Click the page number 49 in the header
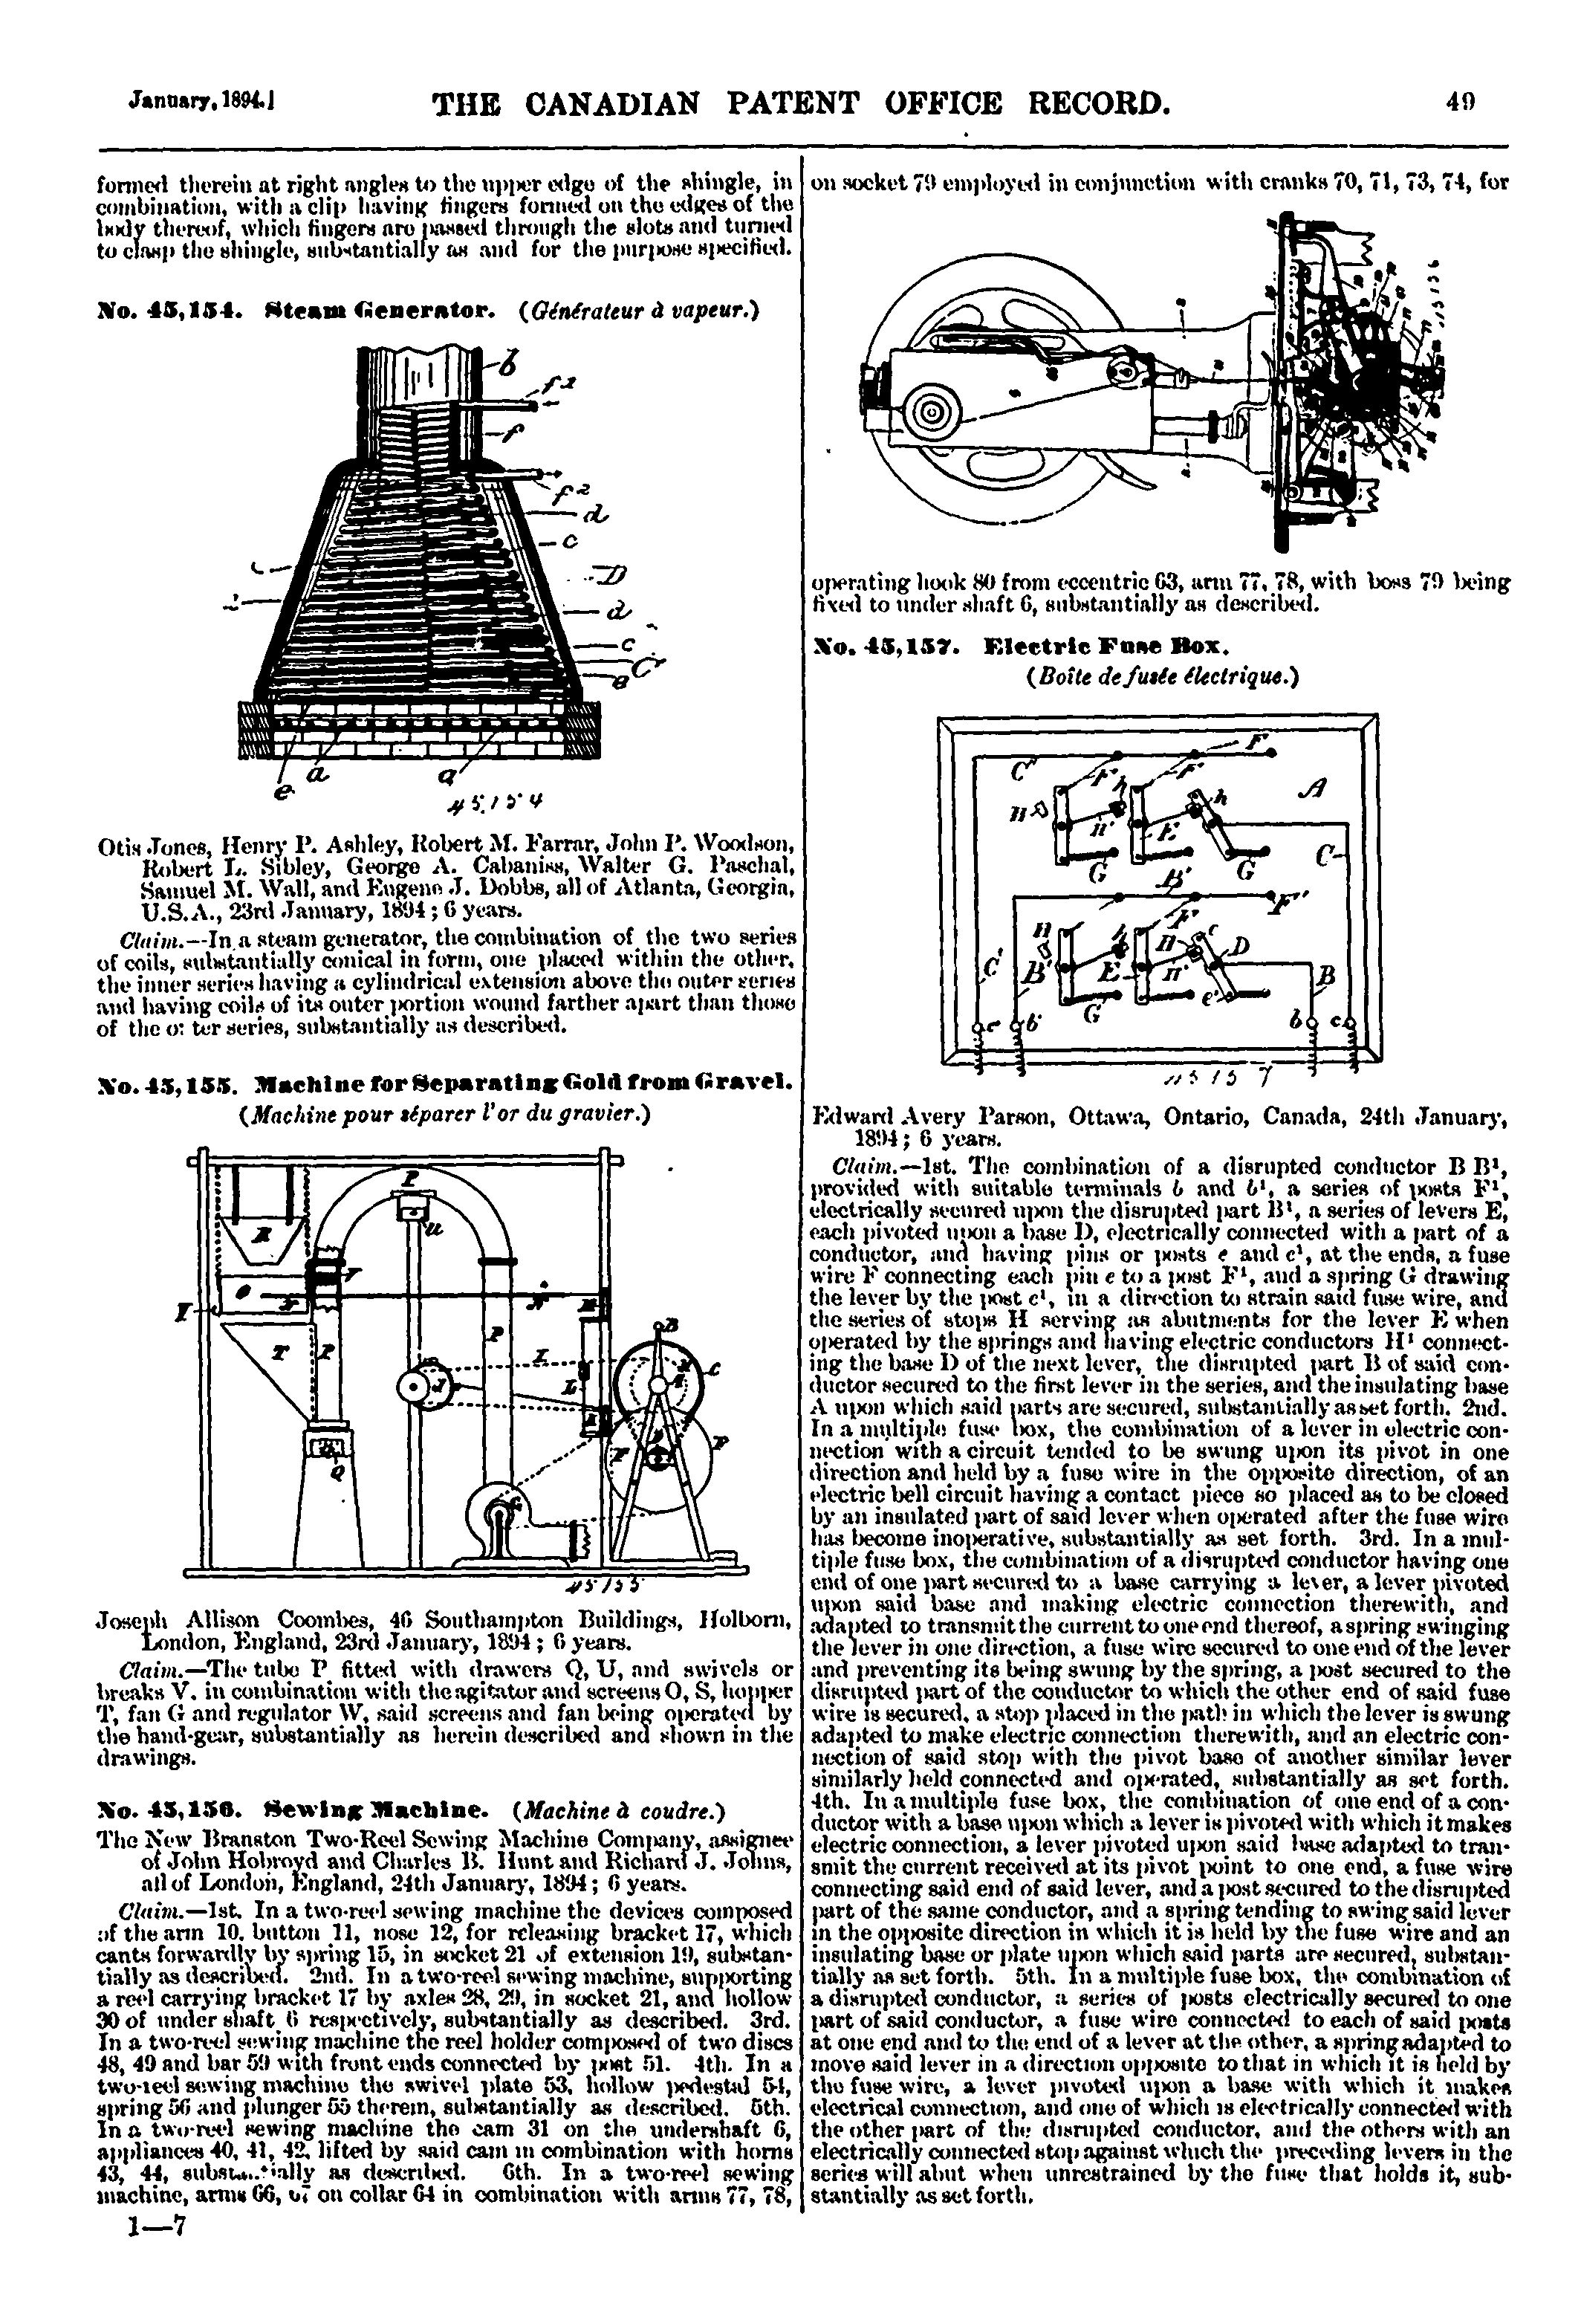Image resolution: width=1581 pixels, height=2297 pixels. coord(1460,101)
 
